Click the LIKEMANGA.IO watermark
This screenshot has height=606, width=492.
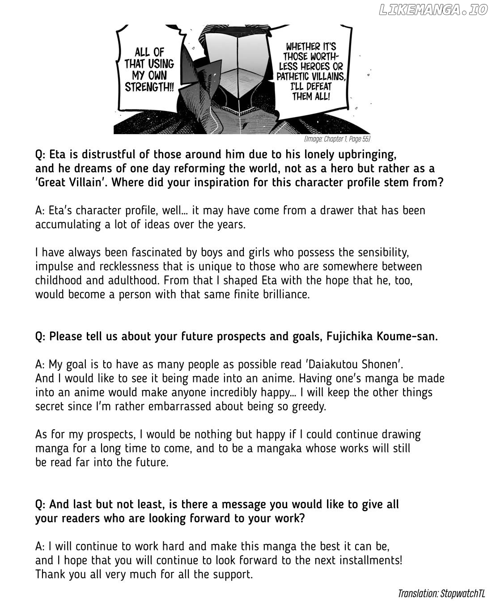[x=433, y=10]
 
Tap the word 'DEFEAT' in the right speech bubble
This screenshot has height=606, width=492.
[x=325, y=86]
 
